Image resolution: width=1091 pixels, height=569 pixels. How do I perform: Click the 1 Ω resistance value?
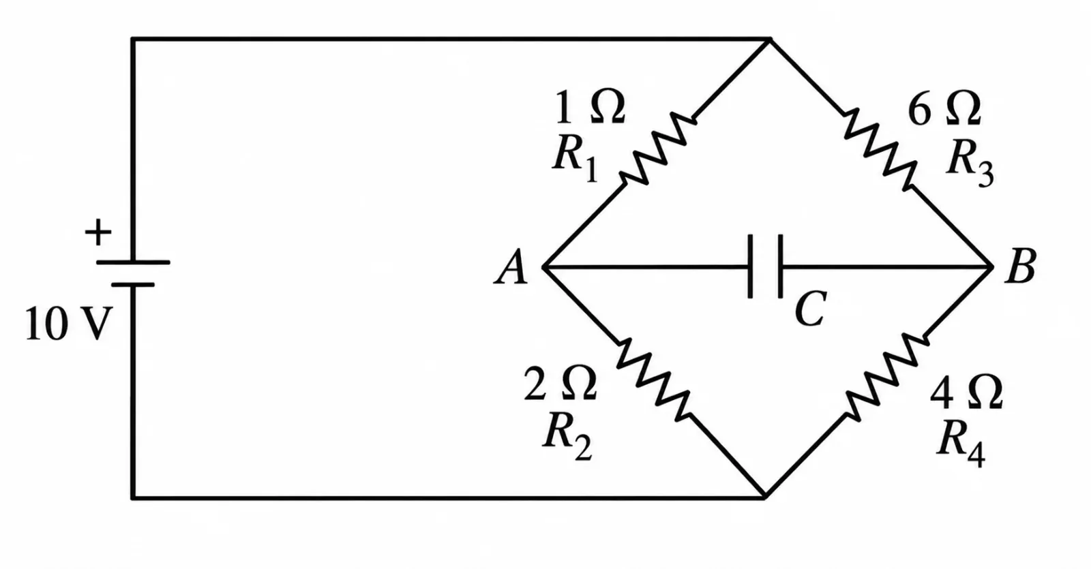click(x=590, y=106)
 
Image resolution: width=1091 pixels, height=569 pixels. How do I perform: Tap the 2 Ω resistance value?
click(x=560, y=383)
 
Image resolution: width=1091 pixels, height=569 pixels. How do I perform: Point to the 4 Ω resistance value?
click(x=966, y=392)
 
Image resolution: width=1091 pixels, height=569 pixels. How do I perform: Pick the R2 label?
click(x=567, y=435)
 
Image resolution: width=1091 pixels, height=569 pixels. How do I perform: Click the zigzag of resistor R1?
click(x=657, y=149)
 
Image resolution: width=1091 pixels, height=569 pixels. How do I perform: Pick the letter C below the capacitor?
click(x=810, y=309)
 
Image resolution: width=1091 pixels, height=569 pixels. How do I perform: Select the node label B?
click(x=1020, y=266)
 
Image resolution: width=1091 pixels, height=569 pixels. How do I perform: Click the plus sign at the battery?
click(x=98, y=232)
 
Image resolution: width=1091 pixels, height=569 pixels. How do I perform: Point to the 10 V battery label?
click(x=68, y=324)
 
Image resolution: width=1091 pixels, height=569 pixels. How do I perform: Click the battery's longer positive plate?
click(x=133, y=262)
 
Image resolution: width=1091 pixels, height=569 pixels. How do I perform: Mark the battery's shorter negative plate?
click(x=133, y=285)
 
